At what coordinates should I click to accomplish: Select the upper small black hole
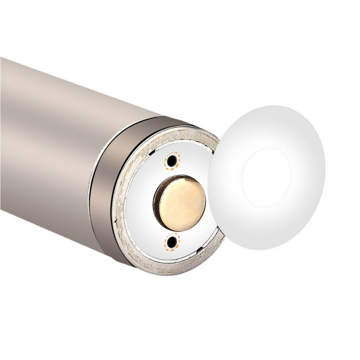[x=173, y=161]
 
